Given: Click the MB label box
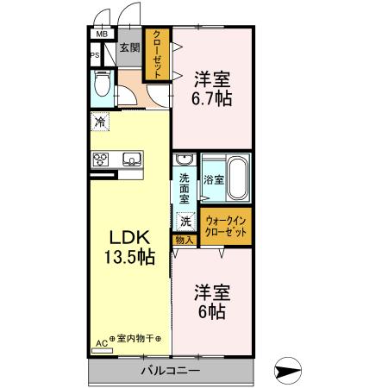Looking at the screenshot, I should (101, 35).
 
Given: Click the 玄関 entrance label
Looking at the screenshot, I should (129, 48).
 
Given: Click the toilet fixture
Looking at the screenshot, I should (102, 85).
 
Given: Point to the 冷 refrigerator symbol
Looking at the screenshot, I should (101, 122).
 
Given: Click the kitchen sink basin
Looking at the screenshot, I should (132, 158).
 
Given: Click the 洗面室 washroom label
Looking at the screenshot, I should (185, 189).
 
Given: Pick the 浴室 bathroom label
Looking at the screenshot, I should (214, 180).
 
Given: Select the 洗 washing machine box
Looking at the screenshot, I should (185, 221).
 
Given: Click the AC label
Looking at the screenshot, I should (101, 341).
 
